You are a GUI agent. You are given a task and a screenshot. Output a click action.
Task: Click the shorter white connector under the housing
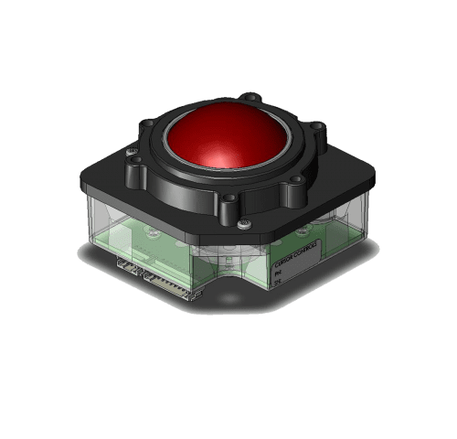pyautogui.click(x=129, y=265)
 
